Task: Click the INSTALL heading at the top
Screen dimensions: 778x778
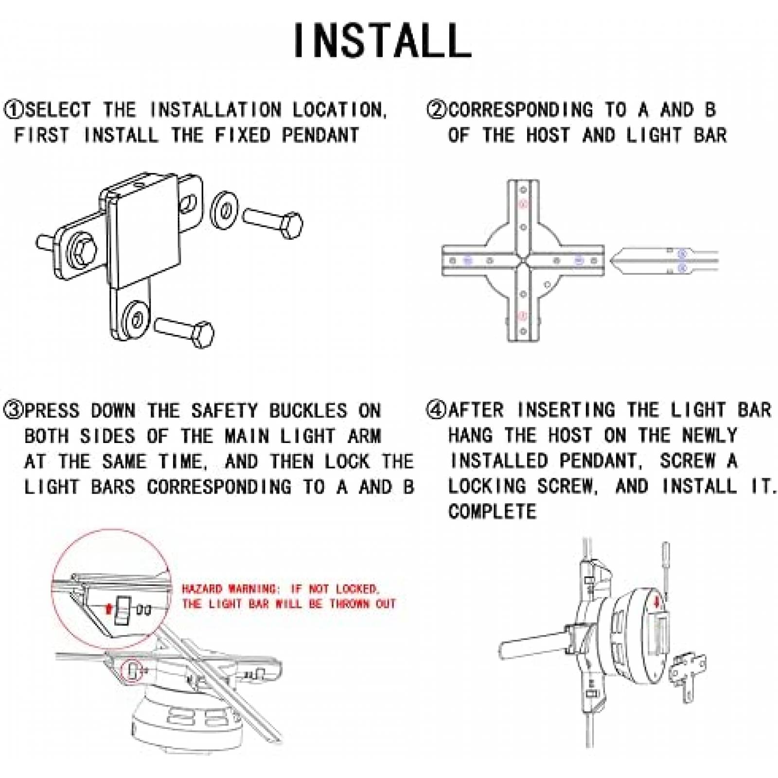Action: point(382,41)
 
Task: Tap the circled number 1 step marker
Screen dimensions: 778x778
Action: point(14,109)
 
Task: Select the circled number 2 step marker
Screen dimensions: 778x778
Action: point(436,109)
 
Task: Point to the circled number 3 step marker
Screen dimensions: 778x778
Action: point(14,410)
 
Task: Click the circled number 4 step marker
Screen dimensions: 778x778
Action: point(436,409)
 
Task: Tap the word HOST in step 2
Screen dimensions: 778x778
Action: point(548,135)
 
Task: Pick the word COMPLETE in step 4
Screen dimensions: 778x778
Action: point(493,511)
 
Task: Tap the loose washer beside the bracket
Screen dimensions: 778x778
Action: point(224,210)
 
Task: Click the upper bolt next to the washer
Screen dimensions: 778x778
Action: point(273,223)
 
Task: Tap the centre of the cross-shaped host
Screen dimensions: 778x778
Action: point(523,261)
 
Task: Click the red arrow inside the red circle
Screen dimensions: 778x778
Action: point(109,608)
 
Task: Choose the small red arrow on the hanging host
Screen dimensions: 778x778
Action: point(657,602)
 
